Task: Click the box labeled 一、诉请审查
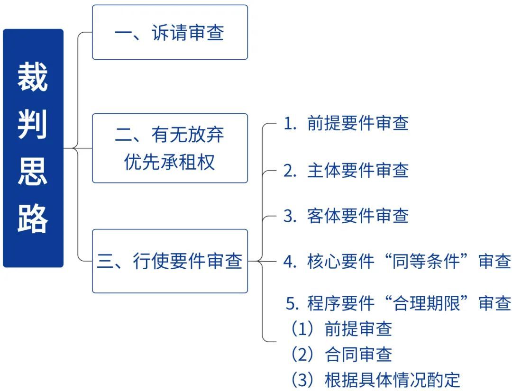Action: click(x=170, y=32)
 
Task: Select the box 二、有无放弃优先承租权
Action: click(x=170, y=148)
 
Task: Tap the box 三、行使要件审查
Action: click(x=170, y=261)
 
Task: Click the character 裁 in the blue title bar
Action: click(x=33, y=77)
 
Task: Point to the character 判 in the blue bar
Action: click(x=33, y=124)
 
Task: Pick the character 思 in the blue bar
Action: click(x=33, y=172)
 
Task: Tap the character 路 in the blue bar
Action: click(x=33, y=218)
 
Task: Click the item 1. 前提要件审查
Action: click(x=346, y=123)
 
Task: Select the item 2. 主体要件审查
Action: click(x=346, y=170)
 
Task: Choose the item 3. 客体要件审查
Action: click(x=346, y=216)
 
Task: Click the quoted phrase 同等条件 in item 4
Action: click(x=426, y=262)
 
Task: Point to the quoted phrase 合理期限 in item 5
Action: click(x=426, y=303)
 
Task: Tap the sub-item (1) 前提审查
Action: click(x=341, y=328)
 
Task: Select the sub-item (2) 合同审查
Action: click(x=341, y=354)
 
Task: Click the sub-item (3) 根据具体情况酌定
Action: click(x=375, y=380)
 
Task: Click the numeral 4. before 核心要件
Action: click(x=290, y=262)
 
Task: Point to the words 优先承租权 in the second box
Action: click(x=169, y=162)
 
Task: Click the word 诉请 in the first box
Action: click(x=169, y=33)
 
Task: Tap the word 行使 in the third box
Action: click(x=151, y=261)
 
